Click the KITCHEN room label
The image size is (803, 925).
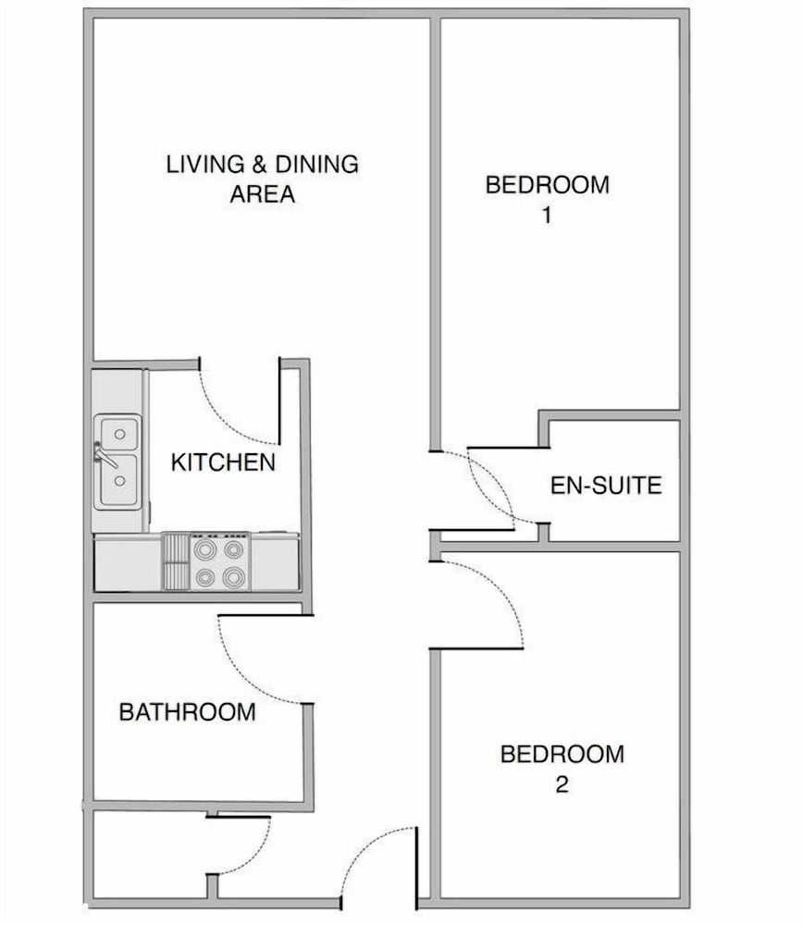coord(223,462)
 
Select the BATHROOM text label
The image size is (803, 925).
coord(188,711)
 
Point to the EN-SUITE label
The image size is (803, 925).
coord(606,485)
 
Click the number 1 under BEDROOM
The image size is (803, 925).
coord(547,215)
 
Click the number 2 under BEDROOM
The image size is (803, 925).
coord(562,785)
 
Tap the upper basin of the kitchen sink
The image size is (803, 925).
coord(119,433)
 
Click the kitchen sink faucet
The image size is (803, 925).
coord(104,455)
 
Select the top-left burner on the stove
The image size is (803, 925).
coord(204,549)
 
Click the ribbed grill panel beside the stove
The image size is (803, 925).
coord(175,561)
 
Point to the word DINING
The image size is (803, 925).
coord(317,165)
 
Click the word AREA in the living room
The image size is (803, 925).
coord(262,194)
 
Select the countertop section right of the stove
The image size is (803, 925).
coord(275,562)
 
